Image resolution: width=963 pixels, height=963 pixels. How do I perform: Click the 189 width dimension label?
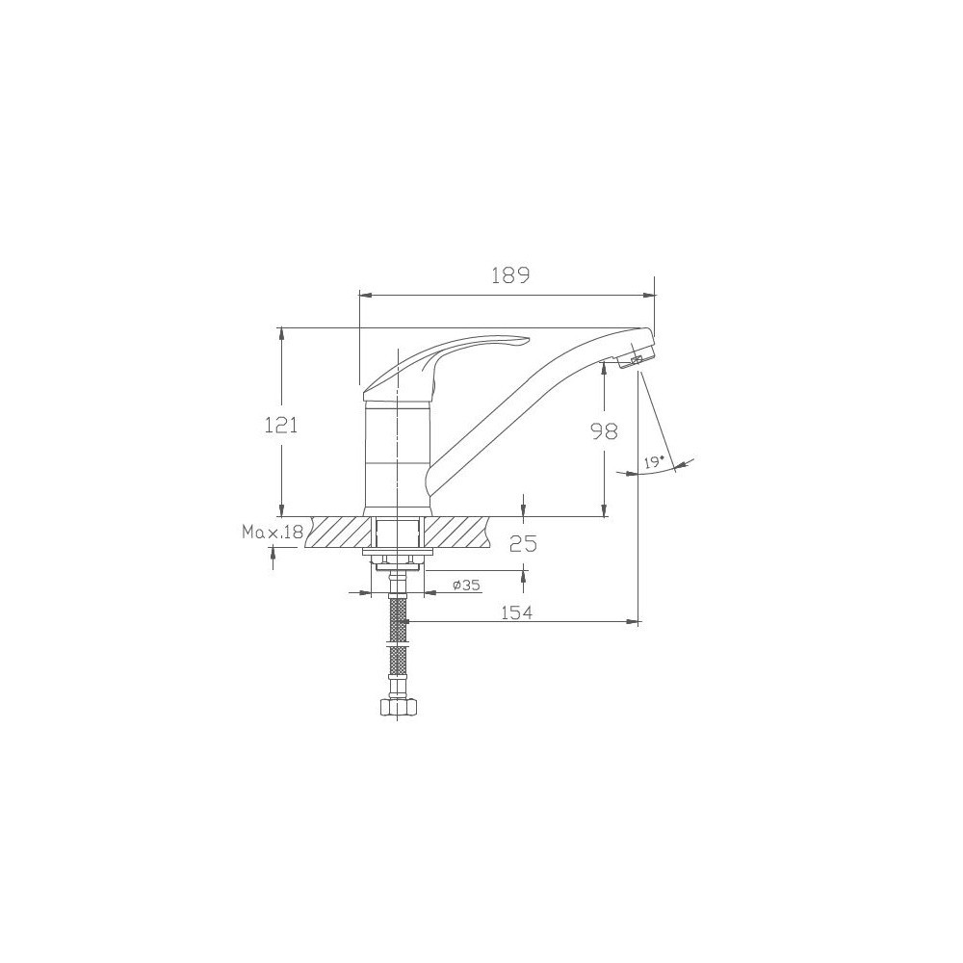coord(509,275)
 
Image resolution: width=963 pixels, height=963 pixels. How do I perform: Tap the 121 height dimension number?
coord(281,425)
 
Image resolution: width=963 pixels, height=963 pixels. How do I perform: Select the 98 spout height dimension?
coord(605,432)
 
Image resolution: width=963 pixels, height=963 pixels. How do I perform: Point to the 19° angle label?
coord(655,462)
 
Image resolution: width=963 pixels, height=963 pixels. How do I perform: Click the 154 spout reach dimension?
coord(516,612)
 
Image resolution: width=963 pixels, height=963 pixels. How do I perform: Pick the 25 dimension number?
coord(524,543)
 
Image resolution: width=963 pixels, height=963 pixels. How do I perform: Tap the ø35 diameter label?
coord(466,585)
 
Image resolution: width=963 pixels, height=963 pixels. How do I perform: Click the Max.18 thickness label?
coord(273,532)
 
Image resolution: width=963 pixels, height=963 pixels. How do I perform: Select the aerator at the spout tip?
coord(635,357)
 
